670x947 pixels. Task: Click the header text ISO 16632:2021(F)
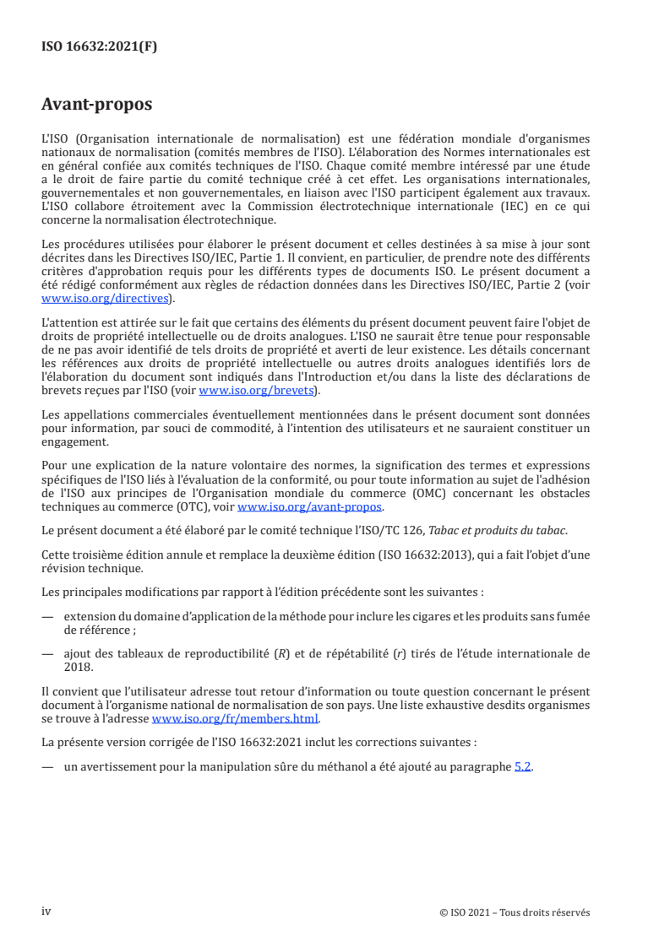[99, 47]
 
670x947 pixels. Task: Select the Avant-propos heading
[96, 105]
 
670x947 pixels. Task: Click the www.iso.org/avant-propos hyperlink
[310, 506]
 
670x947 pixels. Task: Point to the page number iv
[46, 912]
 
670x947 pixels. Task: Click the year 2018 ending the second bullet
[78, 665]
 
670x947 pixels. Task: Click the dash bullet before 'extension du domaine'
[46, 617]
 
